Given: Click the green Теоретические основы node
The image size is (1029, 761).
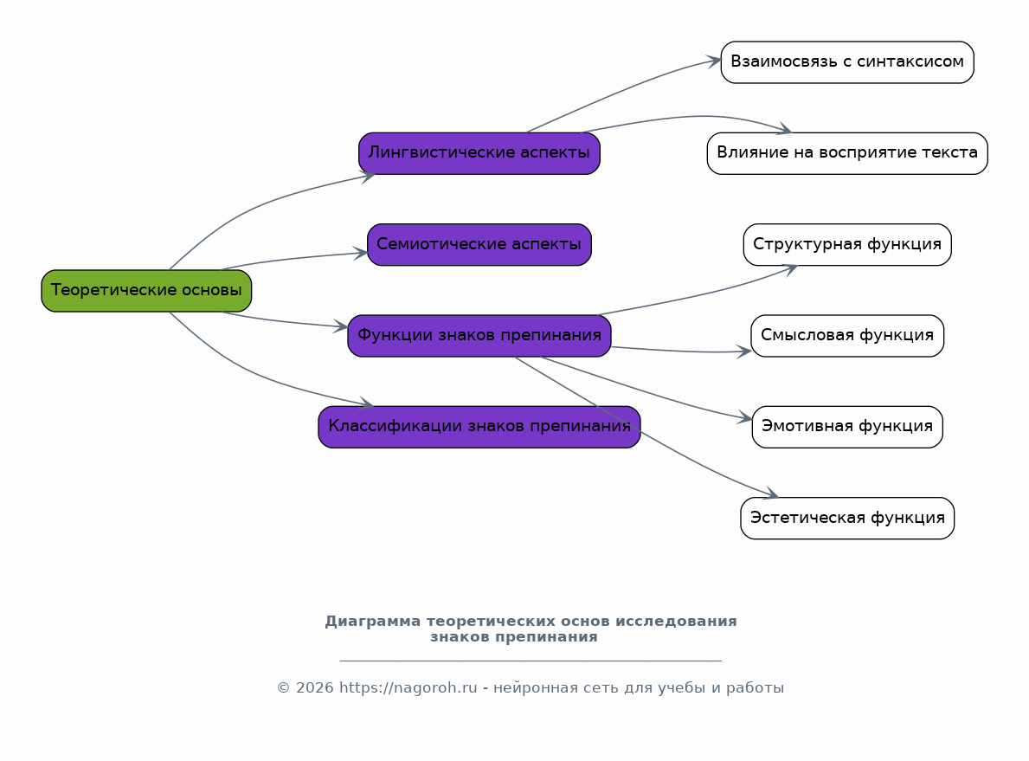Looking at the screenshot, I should [146, 291].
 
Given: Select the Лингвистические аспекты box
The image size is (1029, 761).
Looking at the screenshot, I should [479, 153].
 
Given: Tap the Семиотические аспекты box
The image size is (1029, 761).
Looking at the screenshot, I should [479, 245].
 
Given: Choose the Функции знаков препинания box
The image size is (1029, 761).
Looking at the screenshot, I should [479, 336].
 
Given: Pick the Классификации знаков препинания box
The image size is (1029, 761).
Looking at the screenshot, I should [479, 427].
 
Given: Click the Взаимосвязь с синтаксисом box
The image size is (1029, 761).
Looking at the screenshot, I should [846, 62].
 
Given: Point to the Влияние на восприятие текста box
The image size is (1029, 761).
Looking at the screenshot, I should [846, 153].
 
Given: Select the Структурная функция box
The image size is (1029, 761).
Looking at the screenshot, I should [846, 245].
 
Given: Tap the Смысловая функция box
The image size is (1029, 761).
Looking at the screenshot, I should [846, 336].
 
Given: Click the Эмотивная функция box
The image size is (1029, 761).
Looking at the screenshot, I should [846, 427].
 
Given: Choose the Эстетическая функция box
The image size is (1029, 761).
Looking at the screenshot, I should [846, 519].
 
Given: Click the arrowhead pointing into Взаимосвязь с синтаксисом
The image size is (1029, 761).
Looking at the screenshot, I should [715, 61].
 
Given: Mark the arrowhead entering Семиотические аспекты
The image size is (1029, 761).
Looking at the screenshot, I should [361, 253].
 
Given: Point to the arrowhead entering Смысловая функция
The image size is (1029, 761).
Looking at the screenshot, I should [744, 351].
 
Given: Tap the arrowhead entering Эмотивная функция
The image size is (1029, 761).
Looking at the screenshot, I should [746, 419].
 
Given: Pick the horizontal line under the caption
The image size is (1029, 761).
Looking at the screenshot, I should [530, 661].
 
